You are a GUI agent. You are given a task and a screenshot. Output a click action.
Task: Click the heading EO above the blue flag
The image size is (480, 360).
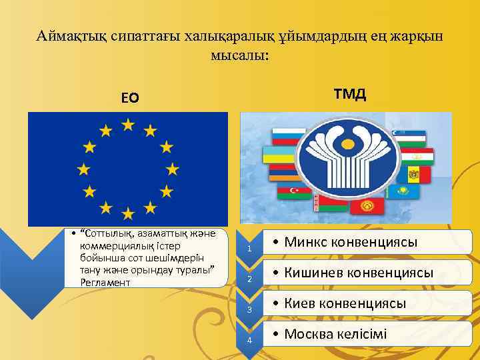pyautogui.click(x=130, y=98)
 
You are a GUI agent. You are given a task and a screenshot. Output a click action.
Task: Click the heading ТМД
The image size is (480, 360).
pyautogui.click(x=351, y=93)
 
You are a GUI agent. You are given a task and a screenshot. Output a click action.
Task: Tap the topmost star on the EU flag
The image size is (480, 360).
pyautogui.click(x=128, y=125)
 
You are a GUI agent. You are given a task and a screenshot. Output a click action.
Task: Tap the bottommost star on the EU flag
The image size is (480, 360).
pyautogui.click(x=128, y=214)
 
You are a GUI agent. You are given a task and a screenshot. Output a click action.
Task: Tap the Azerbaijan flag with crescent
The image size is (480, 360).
pyautogui.click(x=290, y=193)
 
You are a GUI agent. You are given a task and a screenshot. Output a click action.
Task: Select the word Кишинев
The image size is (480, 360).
pyautogui.click(x=316, y=273)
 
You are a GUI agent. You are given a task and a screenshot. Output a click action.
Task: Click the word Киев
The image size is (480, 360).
pyautogui.click(x=301, y=303)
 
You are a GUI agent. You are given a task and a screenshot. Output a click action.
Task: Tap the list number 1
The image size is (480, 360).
pyautogui.click(x=249, y=249)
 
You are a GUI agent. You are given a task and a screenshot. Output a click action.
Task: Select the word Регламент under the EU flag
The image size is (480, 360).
pyautogui.click(x=103, y=282)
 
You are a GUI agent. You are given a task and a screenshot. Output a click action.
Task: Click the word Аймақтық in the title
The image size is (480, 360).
pyautogui.click(x=69, y=35)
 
